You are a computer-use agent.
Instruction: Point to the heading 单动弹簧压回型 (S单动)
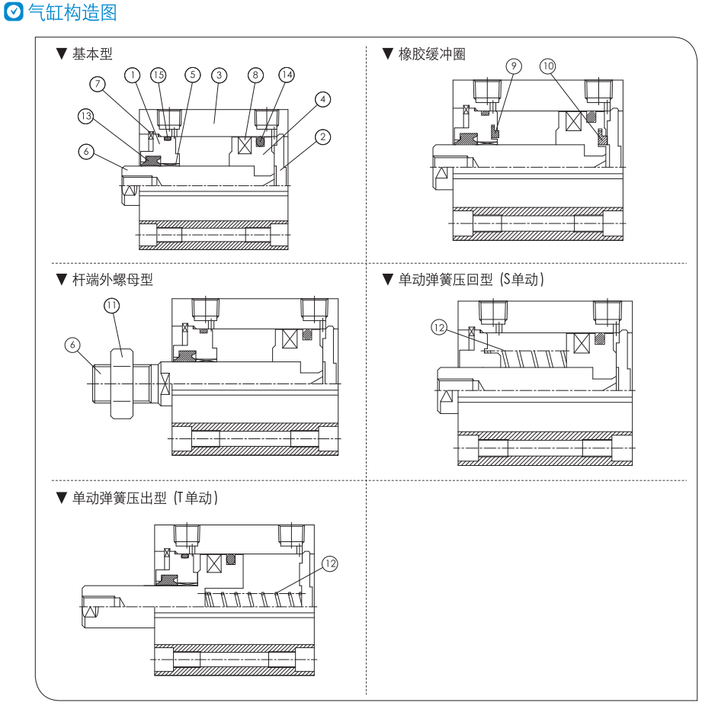(471, 280)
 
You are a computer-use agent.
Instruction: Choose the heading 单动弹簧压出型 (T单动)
(146, 499)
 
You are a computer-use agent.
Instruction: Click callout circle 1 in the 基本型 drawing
(133, 75)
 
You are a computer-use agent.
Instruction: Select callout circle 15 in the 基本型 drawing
(158, 75)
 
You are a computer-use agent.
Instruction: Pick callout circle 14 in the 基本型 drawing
(286, 75)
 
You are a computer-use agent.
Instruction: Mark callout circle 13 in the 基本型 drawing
(86, 116)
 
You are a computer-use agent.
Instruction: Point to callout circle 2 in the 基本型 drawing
(322, 137)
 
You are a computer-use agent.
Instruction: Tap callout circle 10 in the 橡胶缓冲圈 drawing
(547, 66)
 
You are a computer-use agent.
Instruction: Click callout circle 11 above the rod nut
(112, 305)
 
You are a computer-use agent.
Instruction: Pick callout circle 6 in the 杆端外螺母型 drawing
(73, 345)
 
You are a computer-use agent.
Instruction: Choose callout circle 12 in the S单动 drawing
(438, 327)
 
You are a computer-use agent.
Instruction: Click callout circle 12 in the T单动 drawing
(329, 563)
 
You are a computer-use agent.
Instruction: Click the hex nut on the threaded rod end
(122, 383)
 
